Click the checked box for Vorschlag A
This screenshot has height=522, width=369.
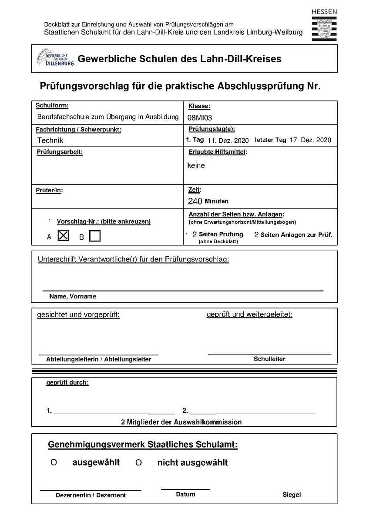point(64,236)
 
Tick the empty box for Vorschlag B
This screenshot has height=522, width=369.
point(94,236)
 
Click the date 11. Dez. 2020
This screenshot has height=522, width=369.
point(228,140)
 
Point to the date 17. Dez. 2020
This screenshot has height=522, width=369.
point(310,140)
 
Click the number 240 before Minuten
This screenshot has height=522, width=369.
point(195,201)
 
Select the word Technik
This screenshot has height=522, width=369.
point(50,140)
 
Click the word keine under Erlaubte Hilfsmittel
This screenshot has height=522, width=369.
point(196,165)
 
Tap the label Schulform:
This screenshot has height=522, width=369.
point(52,106)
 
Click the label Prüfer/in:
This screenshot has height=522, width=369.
point(49,191)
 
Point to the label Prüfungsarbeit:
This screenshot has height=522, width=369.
point(59,152)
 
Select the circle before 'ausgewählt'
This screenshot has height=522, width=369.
point(54,463)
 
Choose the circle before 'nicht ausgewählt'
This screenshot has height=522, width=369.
point(138,463)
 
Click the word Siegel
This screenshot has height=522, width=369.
point(292,495)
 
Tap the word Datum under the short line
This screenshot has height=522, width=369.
point(185,494)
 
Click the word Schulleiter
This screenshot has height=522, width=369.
point(269,359)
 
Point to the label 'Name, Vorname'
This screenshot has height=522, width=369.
point(73,296)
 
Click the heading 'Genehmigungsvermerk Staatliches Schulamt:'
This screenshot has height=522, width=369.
point(143,445)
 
